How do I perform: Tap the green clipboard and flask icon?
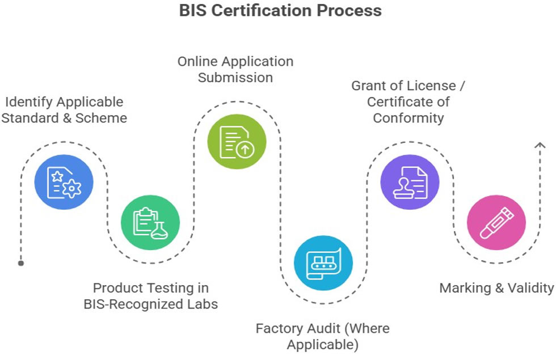point(150,223)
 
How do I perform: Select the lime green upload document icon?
point(236,141)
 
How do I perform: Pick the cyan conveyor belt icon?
point(323,262)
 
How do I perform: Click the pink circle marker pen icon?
point(496,223)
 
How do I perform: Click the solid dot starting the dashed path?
point(21,263)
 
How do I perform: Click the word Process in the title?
point(355,10)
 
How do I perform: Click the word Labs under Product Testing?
point(203,304)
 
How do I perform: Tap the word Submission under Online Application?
point(235,77)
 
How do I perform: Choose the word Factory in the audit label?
point(277,328)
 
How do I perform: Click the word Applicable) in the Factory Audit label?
point(322,344)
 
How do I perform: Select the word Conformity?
point(408,118)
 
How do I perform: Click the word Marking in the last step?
point(466,288)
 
